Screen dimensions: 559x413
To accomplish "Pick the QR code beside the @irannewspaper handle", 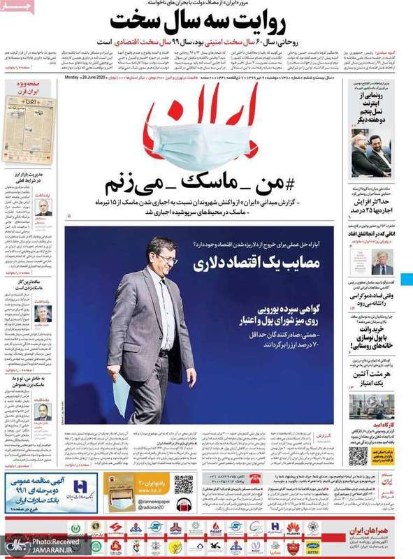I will [183, 484].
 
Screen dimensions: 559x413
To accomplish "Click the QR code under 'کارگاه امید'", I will [358, 455].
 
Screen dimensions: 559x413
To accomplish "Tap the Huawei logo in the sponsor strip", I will [294, 527].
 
